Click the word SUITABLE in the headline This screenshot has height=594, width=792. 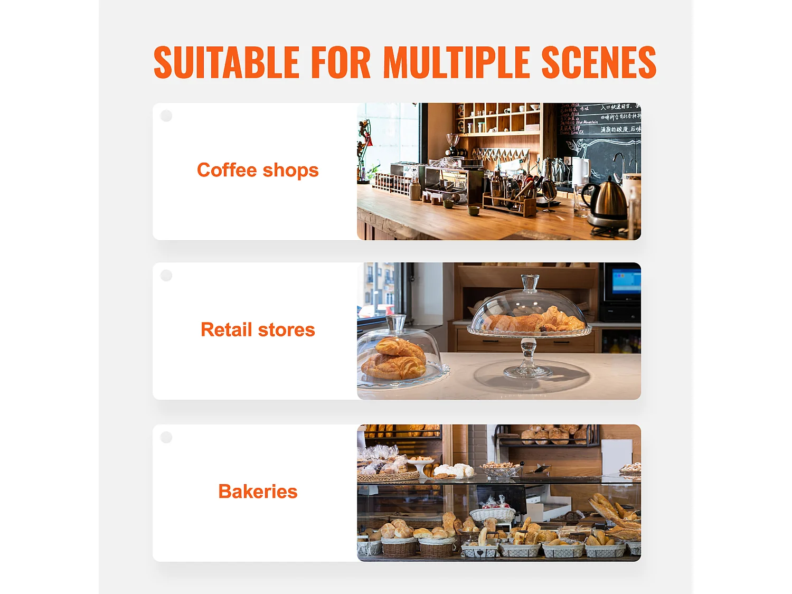click(227, 62)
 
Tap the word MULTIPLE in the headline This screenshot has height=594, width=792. click(457, 62)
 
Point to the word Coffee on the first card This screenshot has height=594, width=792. click(227, 170)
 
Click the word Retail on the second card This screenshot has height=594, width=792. click(227, 330)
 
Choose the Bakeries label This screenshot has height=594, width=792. click(258, 492)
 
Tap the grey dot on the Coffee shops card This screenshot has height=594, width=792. click(166, 116)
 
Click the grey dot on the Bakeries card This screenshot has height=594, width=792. click(166, 437)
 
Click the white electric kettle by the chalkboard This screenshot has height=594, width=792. click(580, 172)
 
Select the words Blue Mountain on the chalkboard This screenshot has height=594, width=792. click(587, 122)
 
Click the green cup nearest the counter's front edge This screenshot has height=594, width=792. click(473, 211)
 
